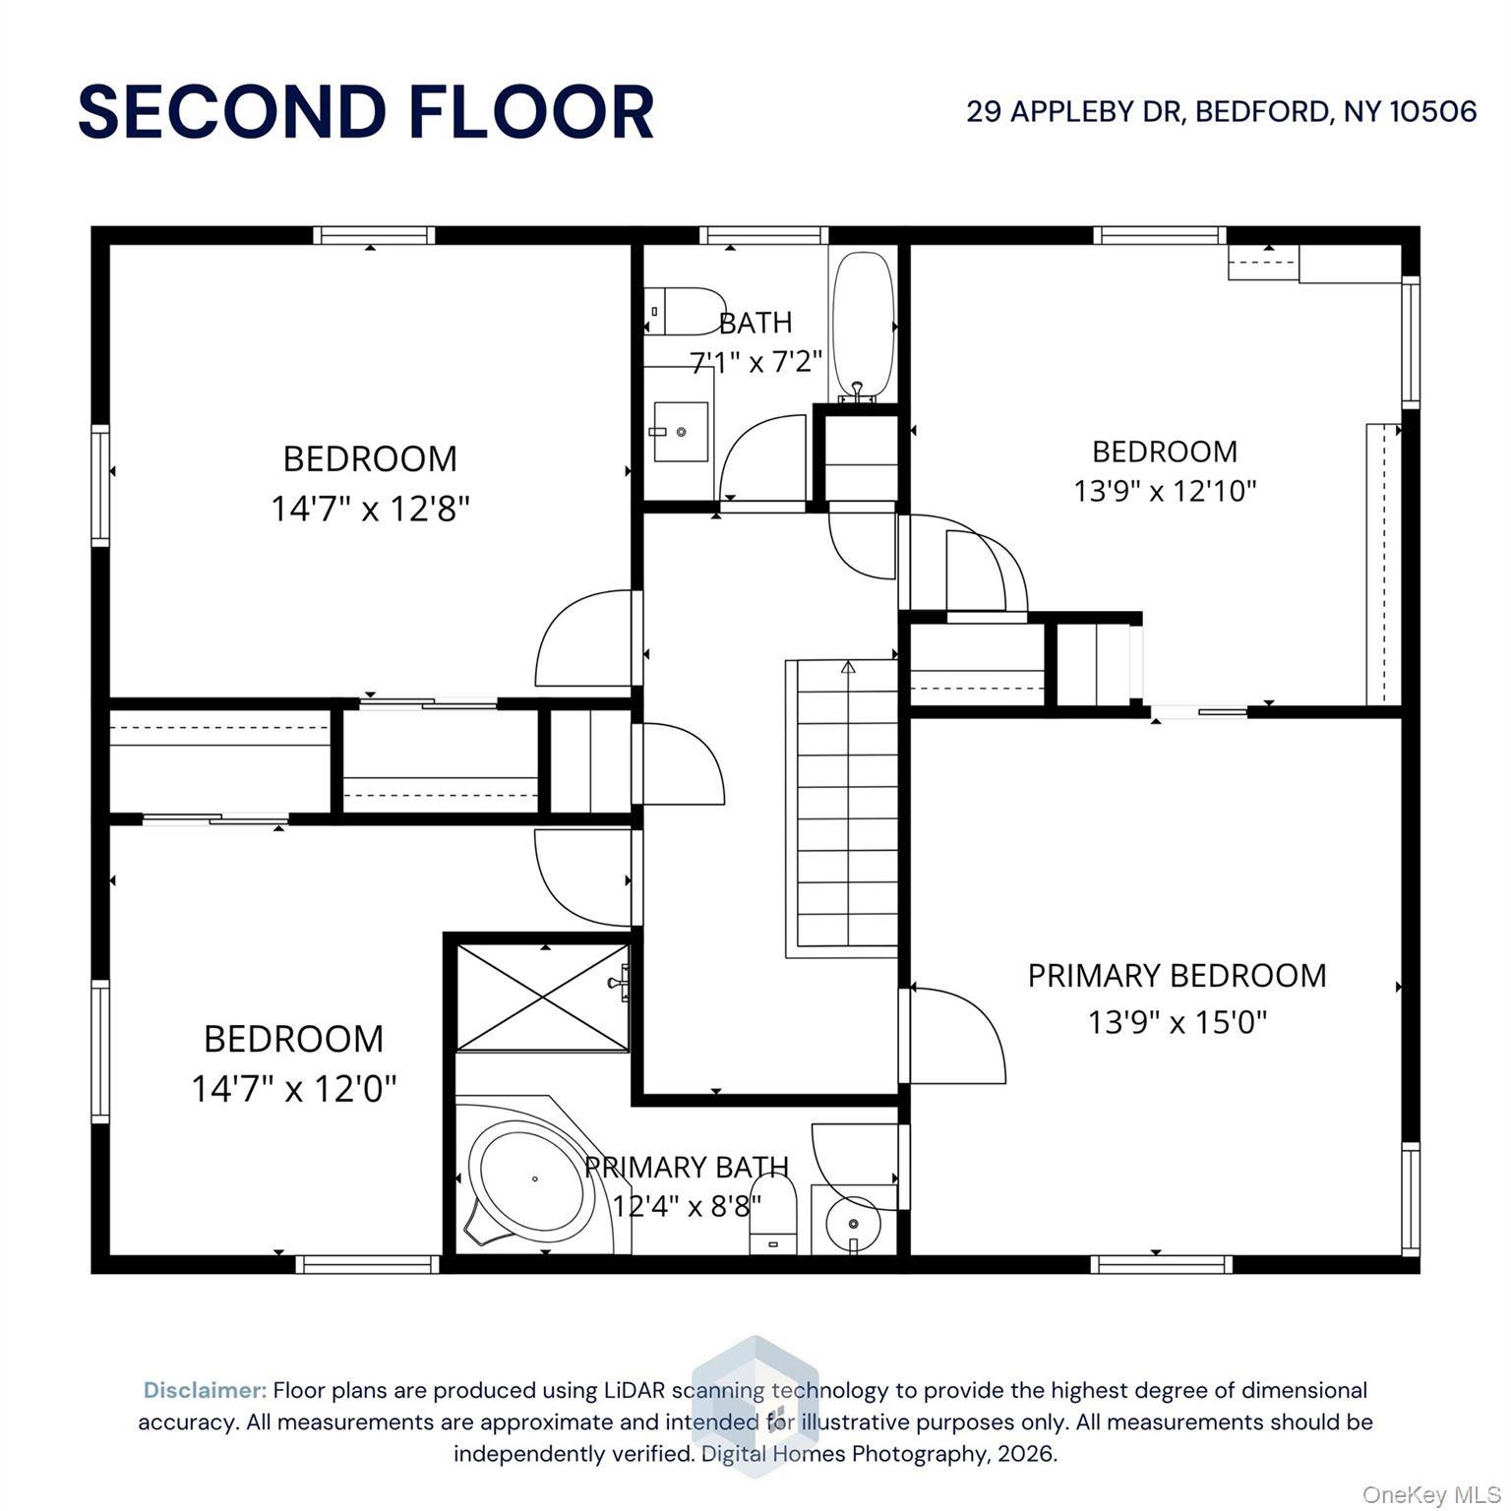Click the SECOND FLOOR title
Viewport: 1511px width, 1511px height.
[366, 111]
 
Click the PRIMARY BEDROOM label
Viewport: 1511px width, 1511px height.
[1178, 975]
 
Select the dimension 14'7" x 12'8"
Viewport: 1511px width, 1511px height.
[371, 509]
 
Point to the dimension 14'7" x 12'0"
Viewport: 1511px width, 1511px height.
[294, 1088]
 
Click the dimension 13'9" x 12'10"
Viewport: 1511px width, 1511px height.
[1166, 490]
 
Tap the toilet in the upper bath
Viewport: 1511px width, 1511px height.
[685, 311]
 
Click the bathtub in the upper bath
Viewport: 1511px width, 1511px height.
[864, 326]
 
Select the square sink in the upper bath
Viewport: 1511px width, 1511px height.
[681, 431]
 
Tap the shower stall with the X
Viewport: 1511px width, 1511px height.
[543, 997]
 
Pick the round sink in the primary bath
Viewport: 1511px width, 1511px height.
[853, 1223]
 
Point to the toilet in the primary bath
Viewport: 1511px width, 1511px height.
[773, 1216]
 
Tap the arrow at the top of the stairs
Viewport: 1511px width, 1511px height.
[848, 666]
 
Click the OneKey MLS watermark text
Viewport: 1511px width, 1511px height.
[1431, 1495]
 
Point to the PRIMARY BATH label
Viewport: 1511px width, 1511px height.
[687, 1167]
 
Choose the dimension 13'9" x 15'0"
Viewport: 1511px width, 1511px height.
[1178, 1022]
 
